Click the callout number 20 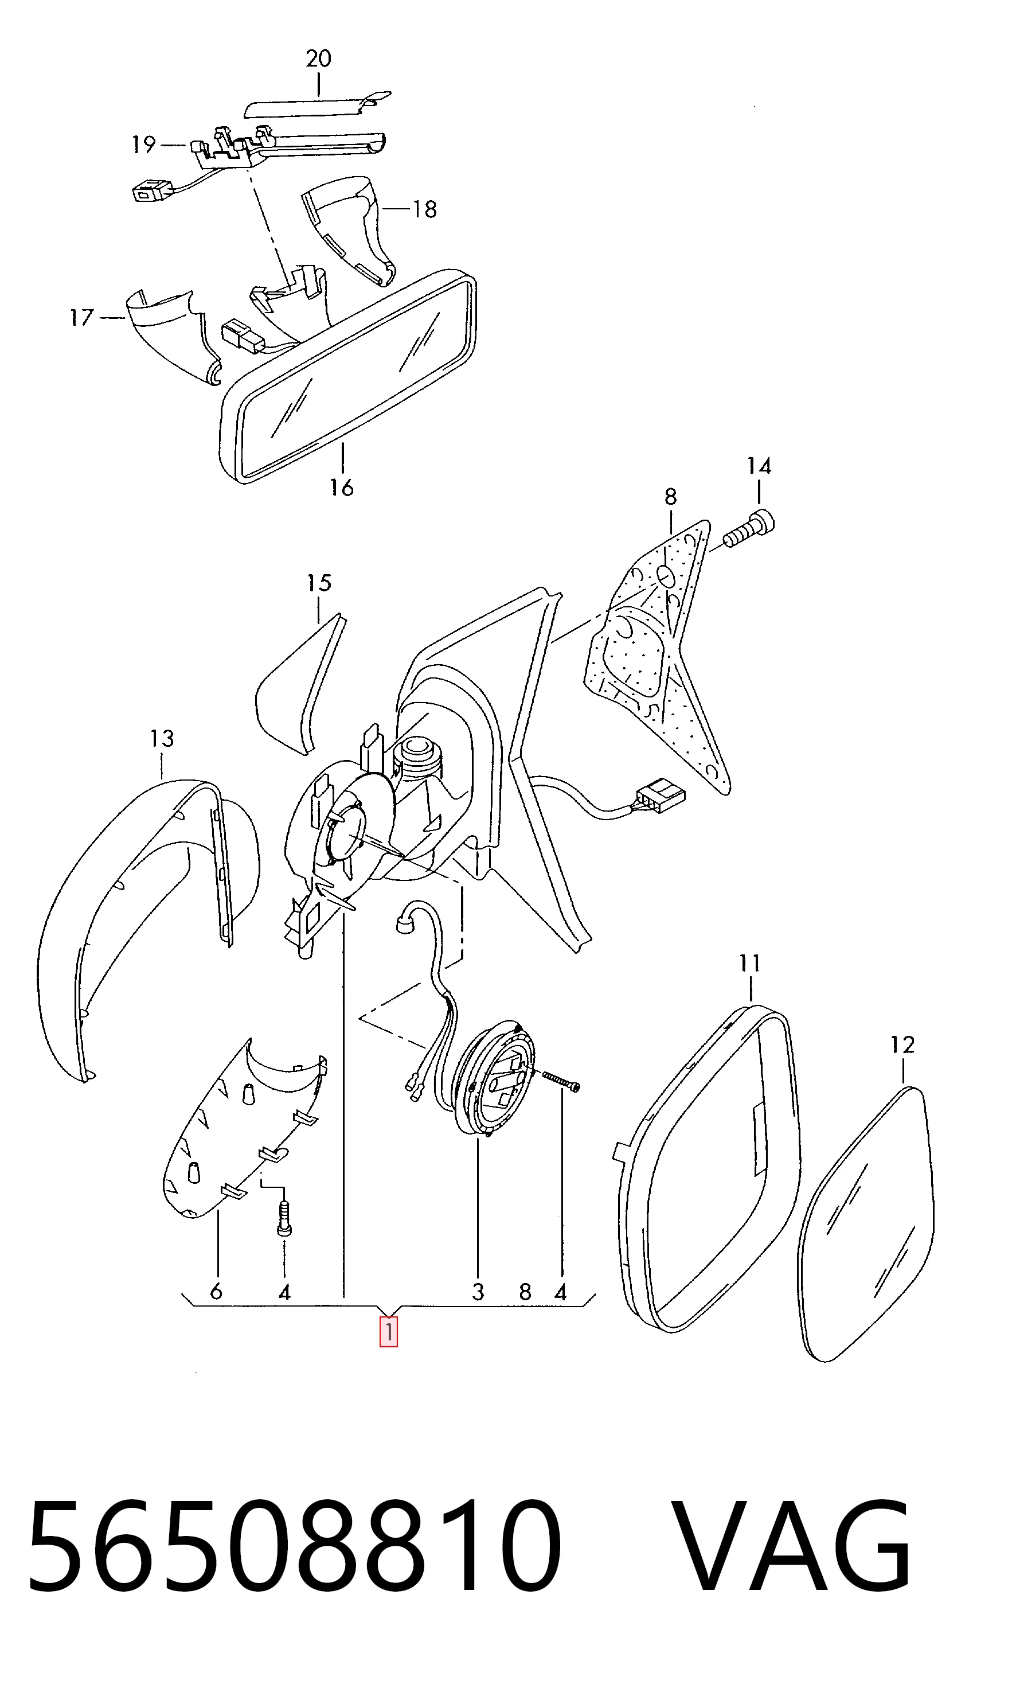(x=318, y=59)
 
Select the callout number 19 (x=144, y=145)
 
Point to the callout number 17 (x=81, y=318)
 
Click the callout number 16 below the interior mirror (x=342, y=488)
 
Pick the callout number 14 (x=759, y=466)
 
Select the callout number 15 (x=319, y=583)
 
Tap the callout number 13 (x=162, y=738)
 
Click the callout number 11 (x=750, y=964)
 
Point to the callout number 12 (x=902, y=1045)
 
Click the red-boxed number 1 (x=389, y=1332)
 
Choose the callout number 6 (x=216, y=1292)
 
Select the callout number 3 (x=478, y=1292)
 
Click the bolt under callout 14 (x=749, y=529)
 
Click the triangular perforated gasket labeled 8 (x=657, y=654)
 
